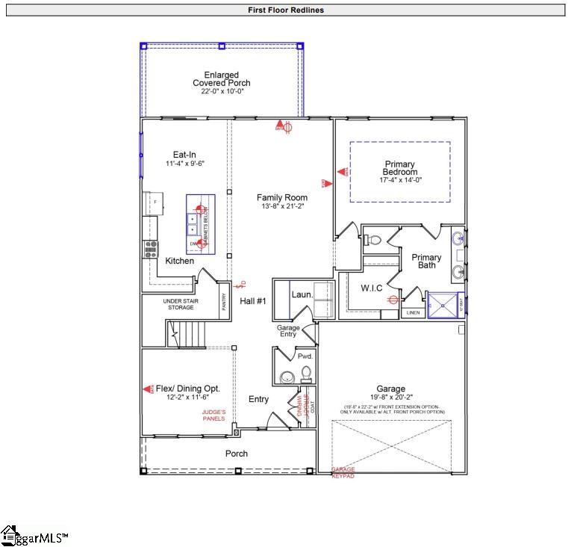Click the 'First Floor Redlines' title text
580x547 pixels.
tap(286, 10)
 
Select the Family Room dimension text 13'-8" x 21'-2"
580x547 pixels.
tap(282, 207)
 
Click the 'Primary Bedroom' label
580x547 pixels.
tap(399, 168)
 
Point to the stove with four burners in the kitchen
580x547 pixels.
tap(151, 248)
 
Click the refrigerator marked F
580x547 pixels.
tap(154, 203)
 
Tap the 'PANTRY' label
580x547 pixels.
tap(223, 301)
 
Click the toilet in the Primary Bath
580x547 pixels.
tap(372, 241)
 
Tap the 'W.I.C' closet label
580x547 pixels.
tap(371, 288)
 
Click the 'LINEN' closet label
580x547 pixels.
tap(413, 313)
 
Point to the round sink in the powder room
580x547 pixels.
tap(286, 377)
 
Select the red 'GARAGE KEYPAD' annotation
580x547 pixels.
tap(343, 472)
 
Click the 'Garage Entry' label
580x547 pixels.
tap(288, 331)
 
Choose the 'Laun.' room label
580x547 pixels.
tap(302, 294)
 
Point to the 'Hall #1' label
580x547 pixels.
tap(253, 301)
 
